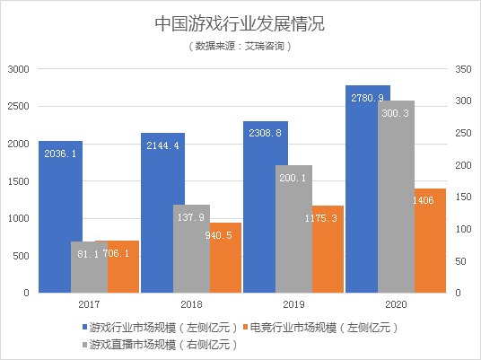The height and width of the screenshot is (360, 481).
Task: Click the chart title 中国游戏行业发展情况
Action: pos(240,21)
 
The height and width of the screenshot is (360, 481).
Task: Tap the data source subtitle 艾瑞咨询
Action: pos(240,45)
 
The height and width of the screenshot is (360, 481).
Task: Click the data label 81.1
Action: pos(88,254)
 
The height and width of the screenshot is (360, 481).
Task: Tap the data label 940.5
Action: pos(225,235)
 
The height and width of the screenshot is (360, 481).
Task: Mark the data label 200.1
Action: pos(293,178)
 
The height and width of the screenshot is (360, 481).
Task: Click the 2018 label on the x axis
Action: pos(191,305)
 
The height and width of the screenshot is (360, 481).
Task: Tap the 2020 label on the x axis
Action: pos(396,305)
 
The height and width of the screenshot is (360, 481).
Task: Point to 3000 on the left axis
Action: pos(20,69)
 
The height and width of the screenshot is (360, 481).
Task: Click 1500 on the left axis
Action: pos(20,180)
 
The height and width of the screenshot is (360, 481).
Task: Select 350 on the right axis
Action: pos(463,69)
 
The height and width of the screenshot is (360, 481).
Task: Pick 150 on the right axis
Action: pos(463,197)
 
